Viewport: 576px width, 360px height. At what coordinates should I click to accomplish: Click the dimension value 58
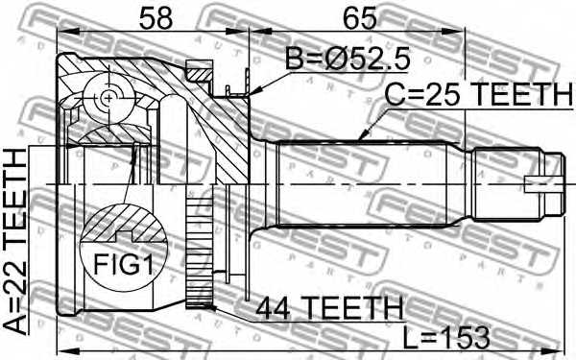156,18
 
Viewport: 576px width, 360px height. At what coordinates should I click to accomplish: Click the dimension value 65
360,18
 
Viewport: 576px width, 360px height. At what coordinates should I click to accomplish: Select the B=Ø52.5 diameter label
348,60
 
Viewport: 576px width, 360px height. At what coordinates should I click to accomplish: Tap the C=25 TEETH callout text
478,94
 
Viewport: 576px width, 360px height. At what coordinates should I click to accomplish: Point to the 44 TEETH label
329,308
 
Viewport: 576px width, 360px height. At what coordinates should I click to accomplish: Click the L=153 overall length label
446,337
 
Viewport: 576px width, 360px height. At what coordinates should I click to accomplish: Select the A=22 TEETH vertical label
15,241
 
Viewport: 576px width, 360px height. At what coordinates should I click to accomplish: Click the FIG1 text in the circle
123,264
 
